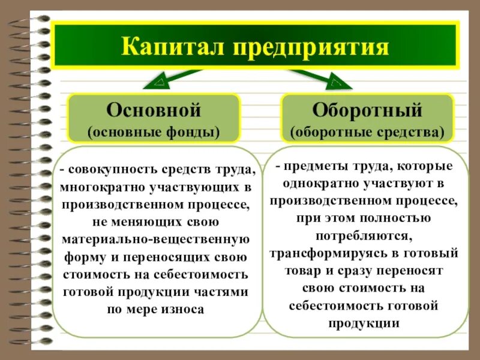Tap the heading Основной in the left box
click(x=153, y=110)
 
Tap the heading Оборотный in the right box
click(x=367, y=110)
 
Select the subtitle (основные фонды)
click(x=153, y=131)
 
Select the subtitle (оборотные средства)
click(x=367, y=131)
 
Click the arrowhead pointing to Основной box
click(x=160, y=79)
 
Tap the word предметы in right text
click(x=313, y=165)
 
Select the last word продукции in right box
click(x=364, y=323)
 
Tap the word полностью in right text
click(x=397, y=217)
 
